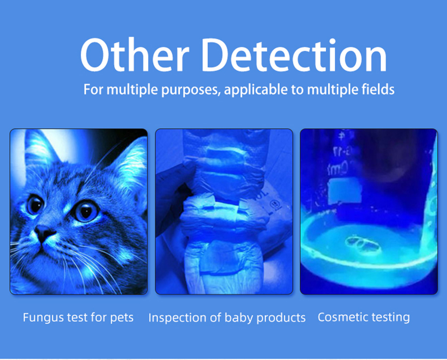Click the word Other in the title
[x=135, y=55]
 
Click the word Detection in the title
[x=294, y=55]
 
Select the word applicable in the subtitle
[x=256, y=90]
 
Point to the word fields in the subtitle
[x=378, y=89]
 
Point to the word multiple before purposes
[x=132, y=89]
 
